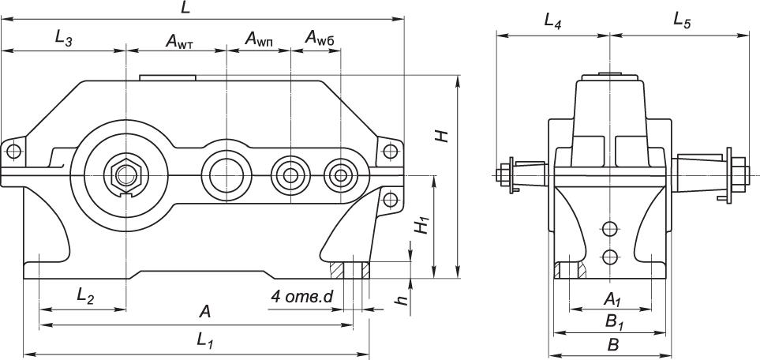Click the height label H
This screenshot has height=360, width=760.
pyautogui.click(x=443, y=135)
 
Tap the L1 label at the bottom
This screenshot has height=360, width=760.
pyautogui.click(x=205, y=340)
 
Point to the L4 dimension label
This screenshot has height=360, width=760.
pyautogui.click(x=552, y=22)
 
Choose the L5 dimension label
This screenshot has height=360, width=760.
pyautogui.click(x=682, y=21)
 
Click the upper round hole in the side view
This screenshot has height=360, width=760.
pyautogui.click(x=608, y=230)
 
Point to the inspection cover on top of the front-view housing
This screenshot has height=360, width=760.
pyautogui.click(x=167, y=77)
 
